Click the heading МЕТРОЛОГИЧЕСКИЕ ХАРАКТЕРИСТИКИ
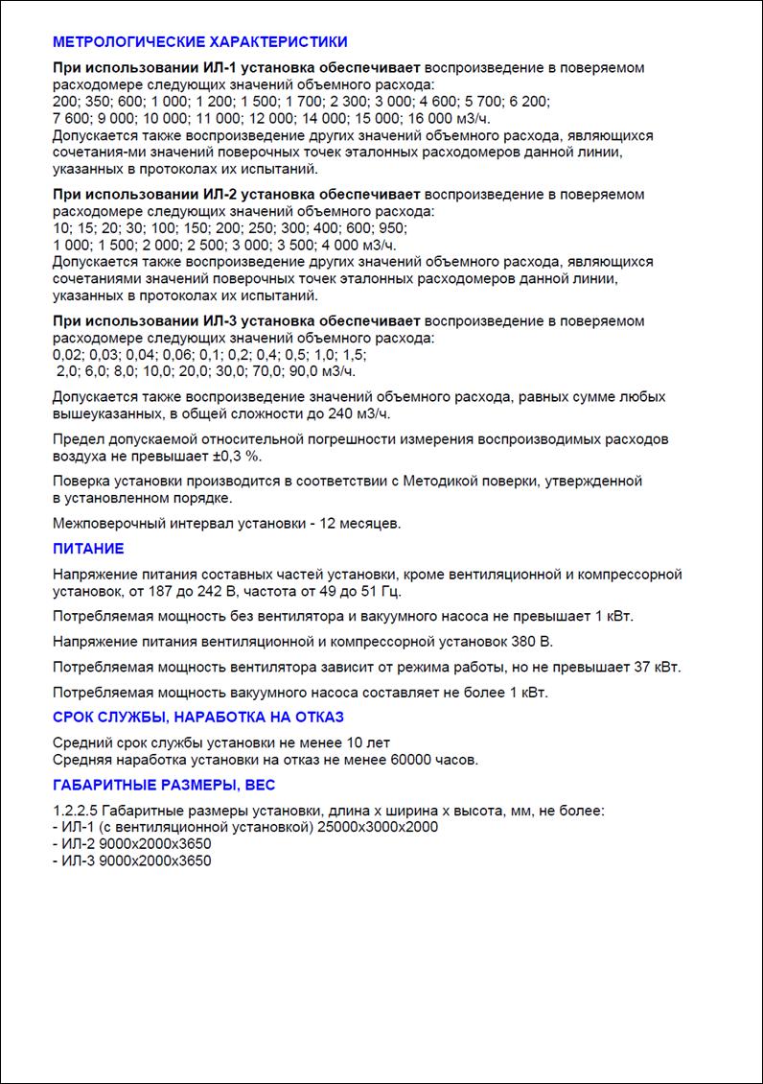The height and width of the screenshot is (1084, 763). (199, 42)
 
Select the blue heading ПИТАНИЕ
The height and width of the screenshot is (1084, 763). (88, 549)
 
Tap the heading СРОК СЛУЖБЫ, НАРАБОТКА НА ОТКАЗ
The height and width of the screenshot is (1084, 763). (197, 717)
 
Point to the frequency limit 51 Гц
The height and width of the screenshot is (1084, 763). (383, 591)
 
